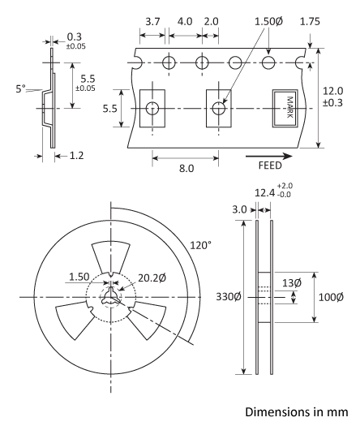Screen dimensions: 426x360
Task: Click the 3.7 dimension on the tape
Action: pos(151,20)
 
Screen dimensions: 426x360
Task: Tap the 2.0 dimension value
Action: pos(212,20)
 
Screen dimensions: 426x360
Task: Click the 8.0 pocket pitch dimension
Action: pos(186,169)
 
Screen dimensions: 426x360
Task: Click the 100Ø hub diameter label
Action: pos(334,298)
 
